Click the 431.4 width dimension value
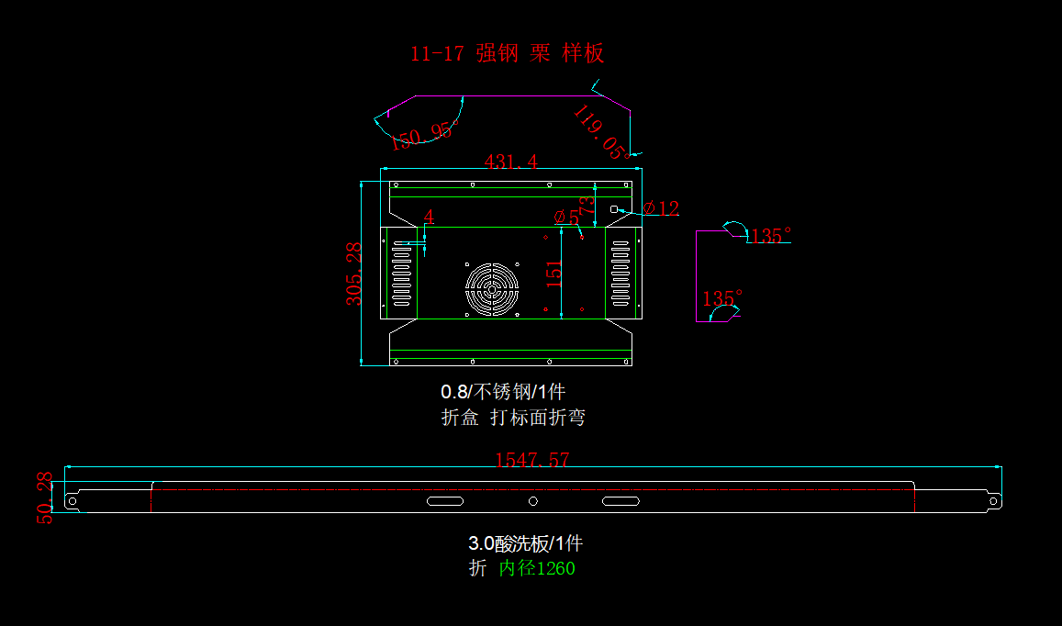click(x=510, y=162)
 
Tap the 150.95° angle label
click(x=423, y=136)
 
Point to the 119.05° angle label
click(x=601, y=131)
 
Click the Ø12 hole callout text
click(x=661, y=208)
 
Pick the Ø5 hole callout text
click(x=567, y=218)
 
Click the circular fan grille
click(x=492, y=289)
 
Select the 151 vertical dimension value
click(x=554, y=274)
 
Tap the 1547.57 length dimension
click(x=532, y=460)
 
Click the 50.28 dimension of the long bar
click(x=44, y=497)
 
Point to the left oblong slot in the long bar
click(x=445, y=500)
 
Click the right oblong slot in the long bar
click(x=620, y=500)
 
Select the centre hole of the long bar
click(x=533, y=500)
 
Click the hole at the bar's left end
click(x=73, y=501)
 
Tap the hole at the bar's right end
click(x=992, y=501)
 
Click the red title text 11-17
click(x=437, y=53)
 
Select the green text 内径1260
click(x=537, y=569)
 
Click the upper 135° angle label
click(x=768, y=236)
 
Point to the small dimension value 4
click(x=429, y=217)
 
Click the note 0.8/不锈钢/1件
click(x=503, y=392)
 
